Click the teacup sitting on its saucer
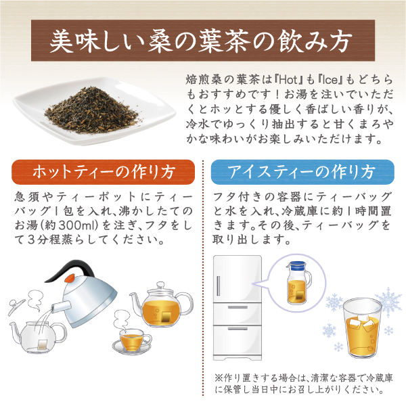(x=130, y=338)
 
